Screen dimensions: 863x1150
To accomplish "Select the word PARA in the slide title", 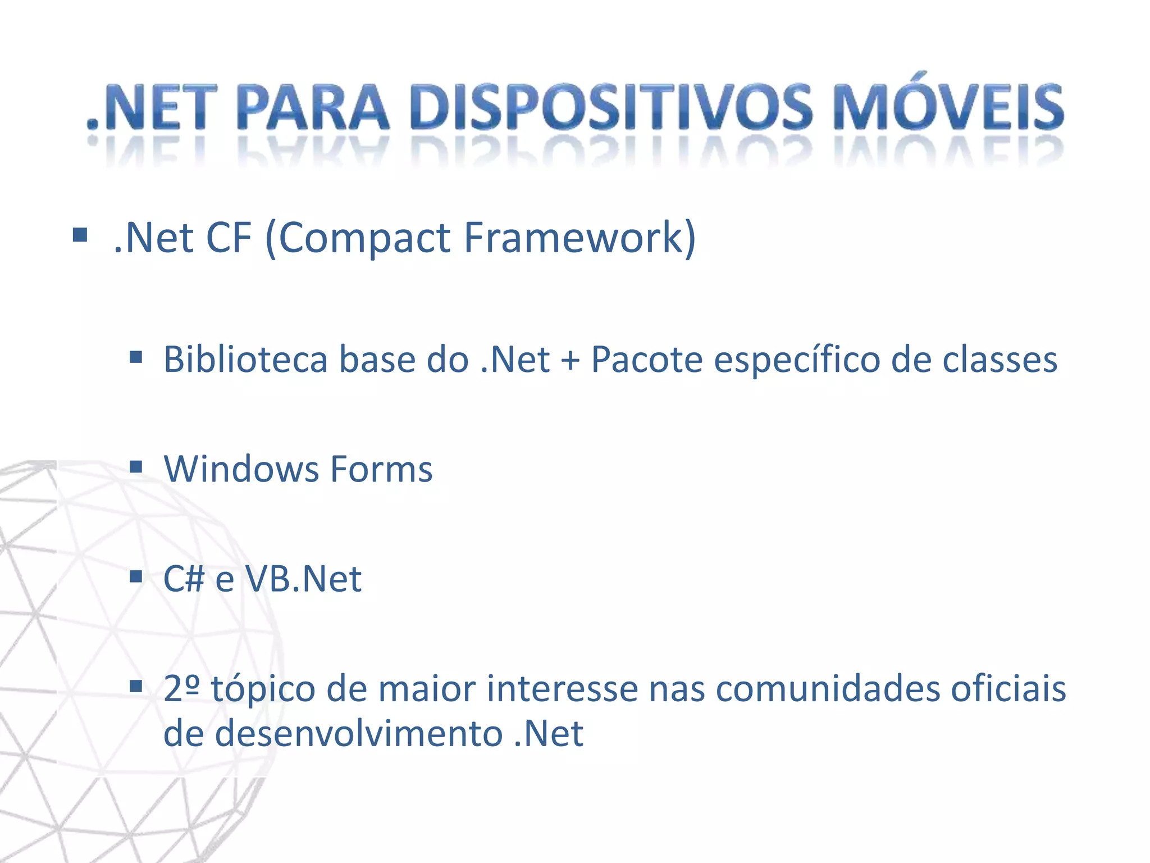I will coord(313,107).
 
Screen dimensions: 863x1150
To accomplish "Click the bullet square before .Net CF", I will coord(80,235).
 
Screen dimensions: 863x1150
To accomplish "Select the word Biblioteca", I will coord(245,359).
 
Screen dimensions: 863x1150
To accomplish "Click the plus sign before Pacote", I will coord(570,360).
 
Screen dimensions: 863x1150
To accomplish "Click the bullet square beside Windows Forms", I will coord(135,466).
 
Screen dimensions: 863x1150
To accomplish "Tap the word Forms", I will coord(381,469).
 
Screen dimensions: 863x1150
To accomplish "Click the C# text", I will coord(183,579).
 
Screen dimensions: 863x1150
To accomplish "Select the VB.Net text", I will coord(303,579).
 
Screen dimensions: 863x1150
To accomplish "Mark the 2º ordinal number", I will coord(181,688).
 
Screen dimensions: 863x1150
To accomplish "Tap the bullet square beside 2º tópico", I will coord(135,686).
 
